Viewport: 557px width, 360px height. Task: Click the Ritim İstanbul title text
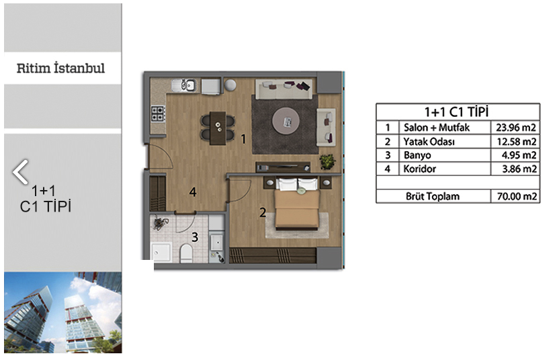point(60,68)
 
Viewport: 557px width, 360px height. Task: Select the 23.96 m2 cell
point(516,128)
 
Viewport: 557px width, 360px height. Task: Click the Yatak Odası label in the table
point(429,142)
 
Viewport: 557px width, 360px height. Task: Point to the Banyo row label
point(417,155)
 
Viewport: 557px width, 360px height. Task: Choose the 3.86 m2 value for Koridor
point(519,169)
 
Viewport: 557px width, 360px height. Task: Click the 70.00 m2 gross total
point(517,196)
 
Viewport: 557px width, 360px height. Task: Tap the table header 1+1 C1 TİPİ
point(457,112)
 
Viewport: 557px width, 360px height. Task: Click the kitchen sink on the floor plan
point(184,85)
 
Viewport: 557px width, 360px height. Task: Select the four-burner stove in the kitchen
point(158,114)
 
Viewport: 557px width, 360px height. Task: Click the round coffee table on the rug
point(286,121)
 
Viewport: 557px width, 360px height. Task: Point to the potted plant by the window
point(327,162)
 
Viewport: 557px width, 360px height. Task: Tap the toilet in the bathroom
point(186,253)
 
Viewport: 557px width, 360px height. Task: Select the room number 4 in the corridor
point(193,192)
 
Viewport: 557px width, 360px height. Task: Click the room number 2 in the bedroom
point(263,212)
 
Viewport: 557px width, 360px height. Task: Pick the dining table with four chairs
point(218,128)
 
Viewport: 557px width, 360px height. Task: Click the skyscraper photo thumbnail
point(63,312)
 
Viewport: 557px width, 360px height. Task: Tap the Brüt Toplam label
point(433,196)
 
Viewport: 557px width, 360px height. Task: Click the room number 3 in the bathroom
point(195,237)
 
